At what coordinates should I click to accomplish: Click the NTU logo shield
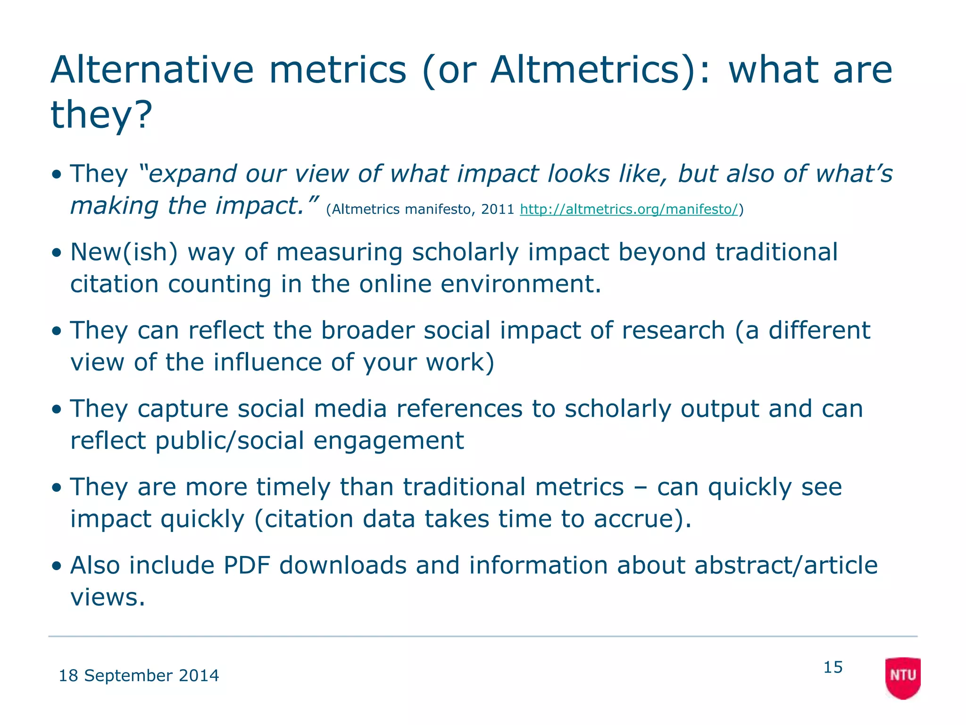902,677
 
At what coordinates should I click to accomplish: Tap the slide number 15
833,667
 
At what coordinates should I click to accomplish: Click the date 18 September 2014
139,676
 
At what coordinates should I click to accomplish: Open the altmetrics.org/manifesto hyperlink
628,209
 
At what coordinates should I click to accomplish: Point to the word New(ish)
124,252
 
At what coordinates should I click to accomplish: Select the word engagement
389,440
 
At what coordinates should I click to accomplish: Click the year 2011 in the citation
497,209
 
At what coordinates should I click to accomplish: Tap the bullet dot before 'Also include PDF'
57,566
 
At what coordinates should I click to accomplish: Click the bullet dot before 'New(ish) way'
57,253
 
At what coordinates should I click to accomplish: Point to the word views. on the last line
108,597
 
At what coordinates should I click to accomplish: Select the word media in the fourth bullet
350,409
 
